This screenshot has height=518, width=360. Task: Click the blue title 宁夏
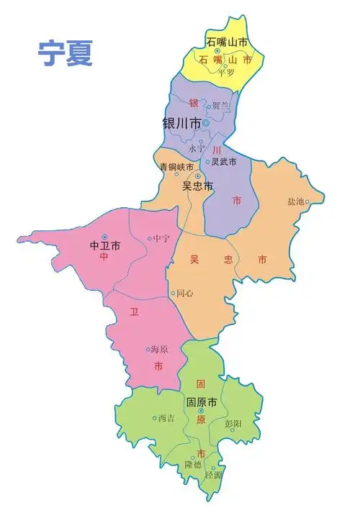coord(66,53)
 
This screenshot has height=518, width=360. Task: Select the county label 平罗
coord(227,72)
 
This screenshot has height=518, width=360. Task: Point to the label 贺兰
coord(221,106)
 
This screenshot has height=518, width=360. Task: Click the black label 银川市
coord(181,123)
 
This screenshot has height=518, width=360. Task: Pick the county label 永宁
coord(197,149)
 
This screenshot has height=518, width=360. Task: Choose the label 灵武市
coord(223,162)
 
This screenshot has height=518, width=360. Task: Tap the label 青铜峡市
coord(176,167)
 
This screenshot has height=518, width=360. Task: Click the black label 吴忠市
coord(197,186)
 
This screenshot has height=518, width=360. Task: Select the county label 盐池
coord(296,202)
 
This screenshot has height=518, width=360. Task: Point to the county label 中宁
coord(161,239)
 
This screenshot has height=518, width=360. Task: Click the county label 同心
coord(184,294)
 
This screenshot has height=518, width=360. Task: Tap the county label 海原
coord(159,350)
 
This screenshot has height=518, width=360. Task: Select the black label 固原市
coord(202,401)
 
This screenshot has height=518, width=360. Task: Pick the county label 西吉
coord(166,418)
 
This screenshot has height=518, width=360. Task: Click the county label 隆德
coord(192,465)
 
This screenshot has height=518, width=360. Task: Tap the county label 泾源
coord(214,475)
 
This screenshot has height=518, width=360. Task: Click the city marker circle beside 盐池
coord(307,202)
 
